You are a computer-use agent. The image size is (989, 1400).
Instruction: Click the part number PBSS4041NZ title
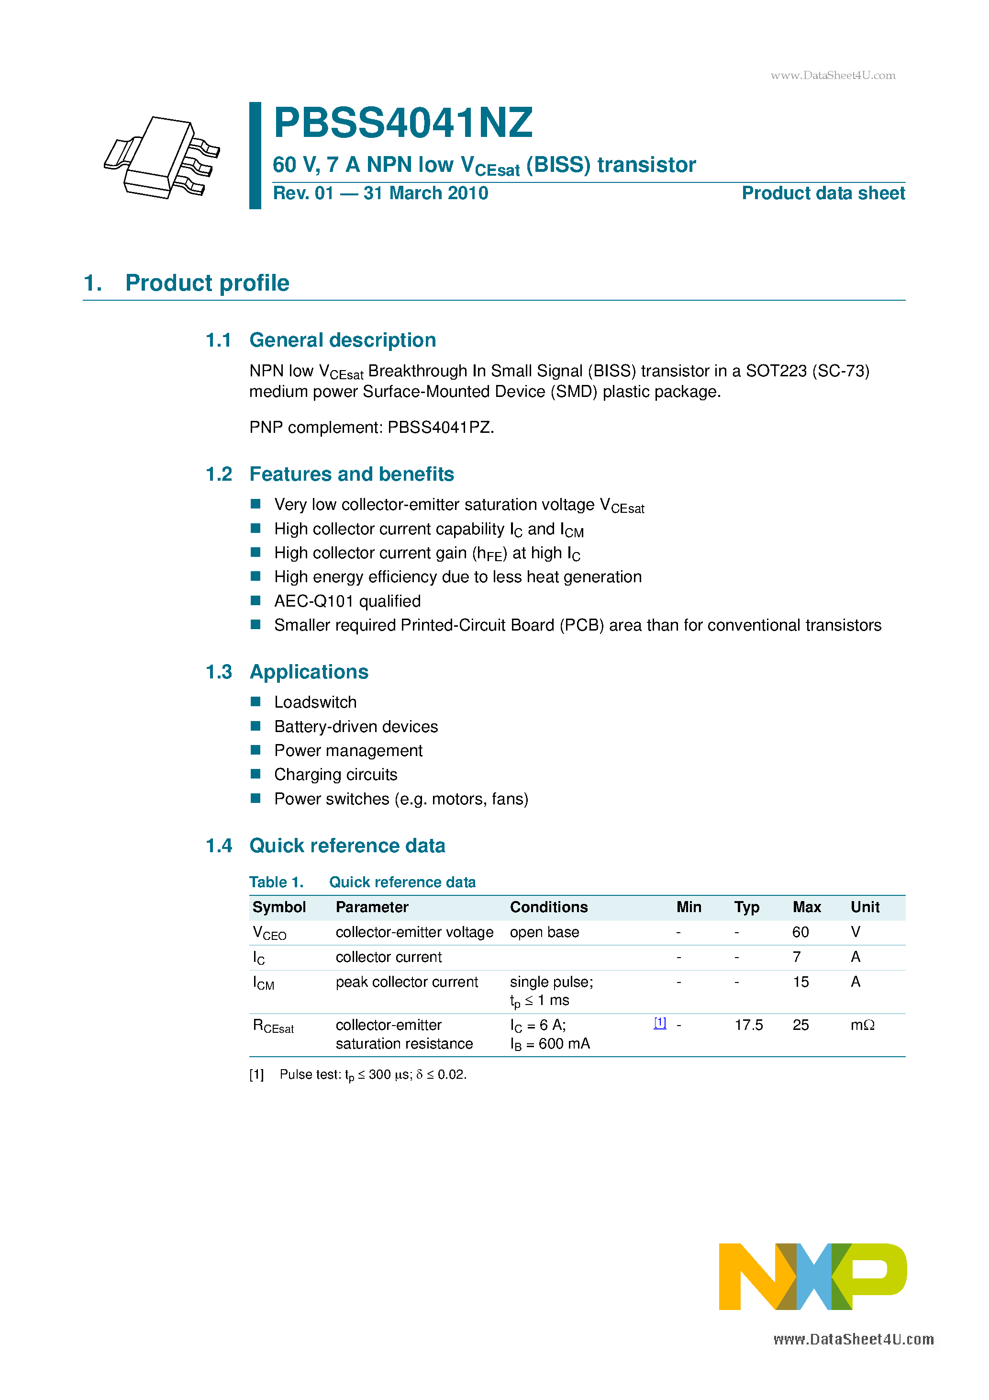click(x=403, y=123)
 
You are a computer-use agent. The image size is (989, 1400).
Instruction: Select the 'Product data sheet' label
click(x=822, y=193)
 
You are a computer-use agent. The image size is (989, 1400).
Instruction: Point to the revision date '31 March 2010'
click(x=425, y=193)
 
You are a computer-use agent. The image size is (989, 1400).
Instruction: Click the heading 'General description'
click(x=343, y=340)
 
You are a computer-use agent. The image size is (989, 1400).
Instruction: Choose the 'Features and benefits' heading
click(x=352, y=474)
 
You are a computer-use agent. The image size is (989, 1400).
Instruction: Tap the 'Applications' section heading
click(x=309, y=672)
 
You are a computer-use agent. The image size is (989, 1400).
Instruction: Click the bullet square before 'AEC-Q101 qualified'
click(x=256, y=600)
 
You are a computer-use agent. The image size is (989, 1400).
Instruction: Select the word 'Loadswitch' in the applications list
click(x=315, y=702)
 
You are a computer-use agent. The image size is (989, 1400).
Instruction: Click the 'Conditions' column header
click(x=548, y=907)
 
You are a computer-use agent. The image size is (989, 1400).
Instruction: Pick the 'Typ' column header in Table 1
click(x=746, y=907)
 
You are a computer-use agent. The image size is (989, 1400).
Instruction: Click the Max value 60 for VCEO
click(x=800, y=932)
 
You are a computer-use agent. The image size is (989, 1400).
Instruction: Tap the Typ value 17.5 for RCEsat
click(x=748, y=1025)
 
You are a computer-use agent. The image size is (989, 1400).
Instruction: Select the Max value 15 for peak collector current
click(x=800, y=982)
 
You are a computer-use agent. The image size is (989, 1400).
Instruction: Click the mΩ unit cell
click(x=862, y=1025)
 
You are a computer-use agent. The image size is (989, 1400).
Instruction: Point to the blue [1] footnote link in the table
click(x=660, y=1023)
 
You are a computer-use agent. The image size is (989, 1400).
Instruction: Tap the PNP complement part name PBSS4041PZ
click(x=440, y=428)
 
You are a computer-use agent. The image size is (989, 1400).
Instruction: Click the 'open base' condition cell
click(x=544, y=932)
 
